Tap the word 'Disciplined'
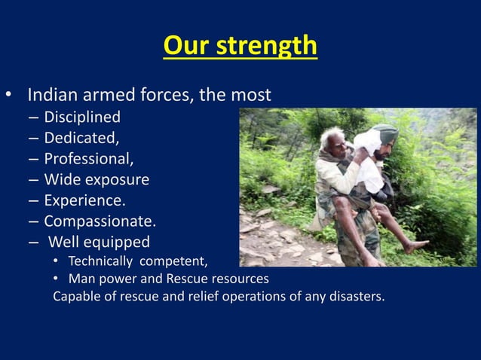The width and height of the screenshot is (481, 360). [82, 117]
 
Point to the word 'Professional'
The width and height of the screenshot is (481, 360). [87, 159]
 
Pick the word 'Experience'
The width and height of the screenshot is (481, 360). [84, 200]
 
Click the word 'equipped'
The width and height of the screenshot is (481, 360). [116, 242]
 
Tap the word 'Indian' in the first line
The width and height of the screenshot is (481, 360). [52, 96]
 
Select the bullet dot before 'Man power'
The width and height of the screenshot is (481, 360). [57, 279]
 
